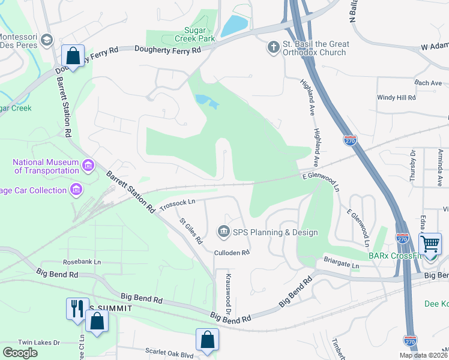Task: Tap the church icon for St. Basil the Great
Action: click(x=274, y=47)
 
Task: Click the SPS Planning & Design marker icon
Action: click(x=223, y=232)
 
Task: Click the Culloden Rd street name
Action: click(x=232, y=253)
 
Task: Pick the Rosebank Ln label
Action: click(x=82, y=262)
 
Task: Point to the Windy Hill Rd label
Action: click(x=396, y=97)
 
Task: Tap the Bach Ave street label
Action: click(x=411, y=83)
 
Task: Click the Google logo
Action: click(x=20, y=352)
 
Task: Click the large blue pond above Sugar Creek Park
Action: click(x=234, y=26)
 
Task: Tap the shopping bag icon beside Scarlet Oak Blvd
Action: click(x=207, y=340)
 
